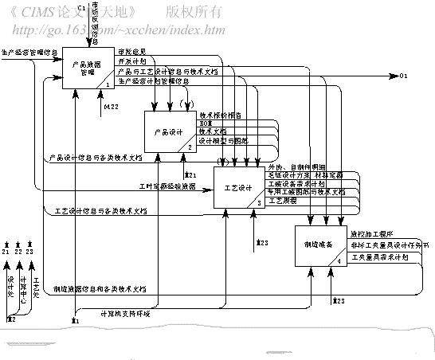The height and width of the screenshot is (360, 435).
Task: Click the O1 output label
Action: (x=403, y=75)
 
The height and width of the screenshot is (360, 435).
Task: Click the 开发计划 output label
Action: (x=131, y=60)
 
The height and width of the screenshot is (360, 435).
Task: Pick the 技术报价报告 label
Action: (x=221, y=115)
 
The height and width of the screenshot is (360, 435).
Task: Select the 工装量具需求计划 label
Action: (x=379, y=257)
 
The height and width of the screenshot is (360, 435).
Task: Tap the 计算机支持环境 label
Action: (x=123, y=313)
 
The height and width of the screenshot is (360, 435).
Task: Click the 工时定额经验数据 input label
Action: (x=167, y=186)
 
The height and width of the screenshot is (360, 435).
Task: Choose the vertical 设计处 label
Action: (x=11, y=282)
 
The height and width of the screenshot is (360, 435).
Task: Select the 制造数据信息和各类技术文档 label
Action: (x=100, y=288)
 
